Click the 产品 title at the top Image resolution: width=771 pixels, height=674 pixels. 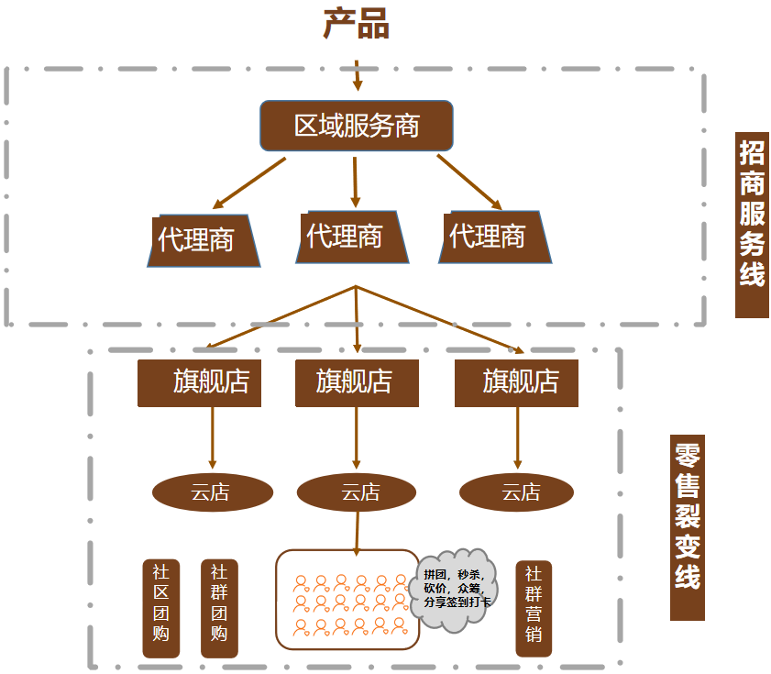point(357,24)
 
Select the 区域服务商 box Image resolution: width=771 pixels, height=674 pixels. point(357,126)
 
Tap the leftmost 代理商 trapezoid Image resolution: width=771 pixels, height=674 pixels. point(204,240)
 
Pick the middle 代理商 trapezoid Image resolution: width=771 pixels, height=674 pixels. point(352,238)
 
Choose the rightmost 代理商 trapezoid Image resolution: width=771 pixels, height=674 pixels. point(495,238)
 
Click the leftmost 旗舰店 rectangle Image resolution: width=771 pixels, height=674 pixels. point(199,383)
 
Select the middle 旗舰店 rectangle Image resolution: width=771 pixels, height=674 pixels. point(357,383)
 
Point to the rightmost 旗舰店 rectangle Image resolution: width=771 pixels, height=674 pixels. point(516,383)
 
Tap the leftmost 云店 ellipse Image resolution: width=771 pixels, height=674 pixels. point(213,492)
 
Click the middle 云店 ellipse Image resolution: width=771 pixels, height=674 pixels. point(357,492)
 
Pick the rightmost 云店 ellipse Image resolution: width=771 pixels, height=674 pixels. point(516,492)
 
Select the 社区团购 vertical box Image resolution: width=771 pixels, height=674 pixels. point(160,609)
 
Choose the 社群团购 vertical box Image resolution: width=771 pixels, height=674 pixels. point(219,609)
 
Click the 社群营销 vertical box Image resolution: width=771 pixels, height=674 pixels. point(534,609)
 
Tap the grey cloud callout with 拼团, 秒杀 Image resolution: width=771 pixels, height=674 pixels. point(454,590)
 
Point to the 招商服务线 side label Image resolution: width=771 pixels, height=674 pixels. point(752,225)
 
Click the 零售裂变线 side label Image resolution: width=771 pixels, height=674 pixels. point(688,527)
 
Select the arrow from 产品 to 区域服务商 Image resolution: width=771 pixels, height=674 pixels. point(358,76)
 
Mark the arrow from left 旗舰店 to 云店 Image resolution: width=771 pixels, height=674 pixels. point(213,438)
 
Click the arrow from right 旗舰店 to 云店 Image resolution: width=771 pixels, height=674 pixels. point(517,438)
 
